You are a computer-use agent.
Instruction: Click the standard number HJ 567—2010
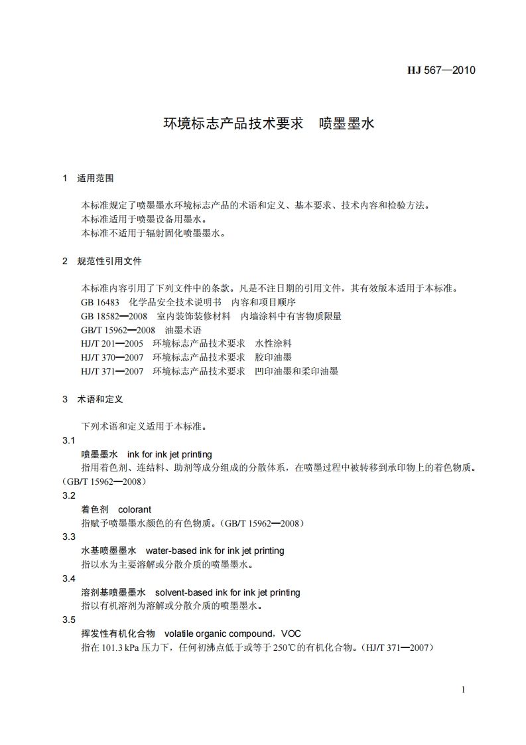pos(441,71)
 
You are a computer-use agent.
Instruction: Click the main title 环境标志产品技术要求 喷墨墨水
pos(269,123)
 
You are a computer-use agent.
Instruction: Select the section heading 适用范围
pos(96,178)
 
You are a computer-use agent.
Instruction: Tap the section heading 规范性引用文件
pos(109,261)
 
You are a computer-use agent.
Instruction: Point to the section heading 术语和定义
pos(100,399)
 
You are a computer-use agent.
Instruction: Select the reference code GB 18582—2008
pos(113,316)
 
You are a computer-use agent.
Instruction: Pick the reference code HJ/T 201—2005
pos(112,343)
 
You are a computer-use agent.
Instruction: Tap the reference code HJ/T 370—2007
pos(112,357)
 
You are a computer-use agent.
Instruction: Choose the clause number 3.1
pos(69,441)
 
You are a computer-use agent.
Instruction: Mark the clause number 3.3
pos(69,537)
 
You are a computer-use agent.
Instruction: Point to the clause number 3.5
pos(69,620)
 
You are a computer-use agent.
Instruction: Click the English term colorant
pos(135,509)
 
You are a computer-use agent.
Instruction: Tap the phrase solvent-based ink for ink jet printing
pos(227,592)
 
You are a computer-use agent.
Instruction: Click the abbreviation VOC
pos(291,633)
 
